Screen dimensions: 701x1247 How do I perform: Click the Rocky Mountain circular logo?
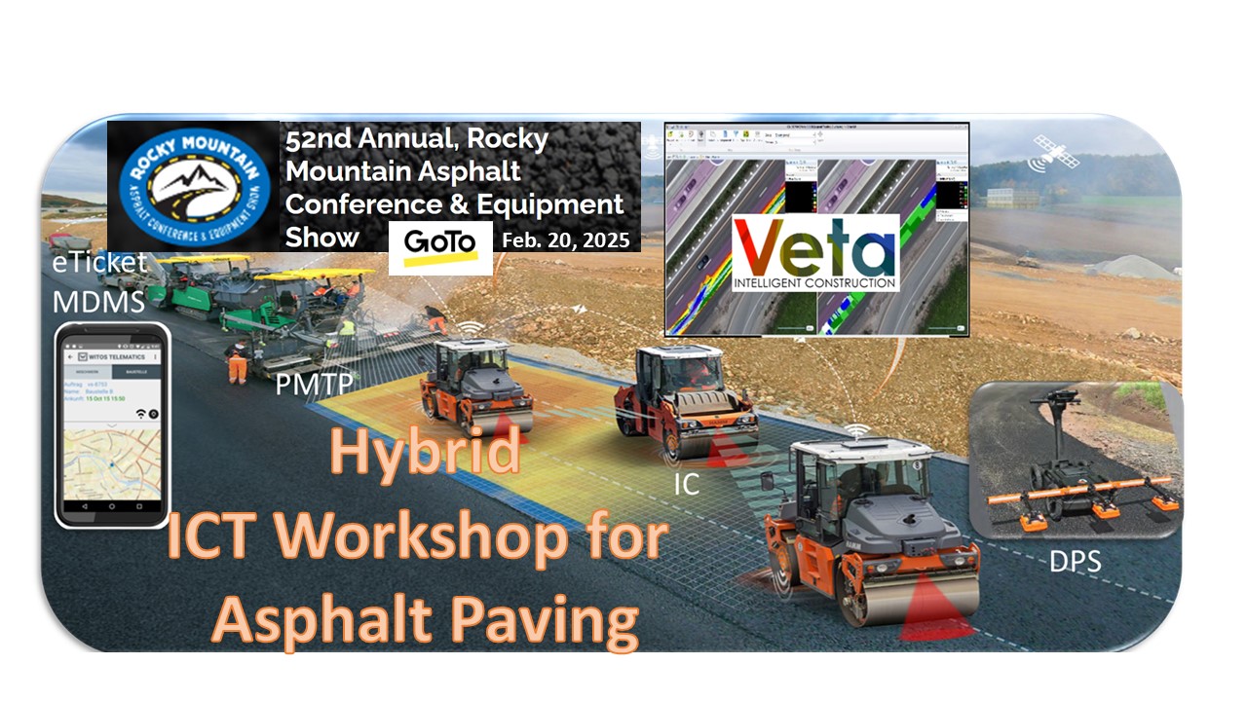click(193, 187)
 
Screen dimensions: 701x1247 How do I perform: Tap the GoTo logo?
click(440, 247)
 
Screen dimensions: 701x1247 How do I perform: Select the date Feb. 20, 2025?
click(565, 240)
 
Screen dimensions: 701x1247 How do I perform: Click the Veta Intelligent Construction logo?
click(815, 252)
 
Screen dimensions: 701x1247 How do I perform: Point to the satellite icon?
click(1055, 151)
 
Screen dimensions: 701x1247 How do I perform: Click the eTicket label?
click(99, 263)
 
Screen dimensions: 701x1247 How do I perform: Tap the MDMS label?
click(98, 302)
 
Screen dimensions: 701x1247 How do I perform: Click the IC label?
click(687, 483)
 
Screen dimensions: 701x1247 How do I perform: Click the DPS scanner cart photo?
click(1077, 460)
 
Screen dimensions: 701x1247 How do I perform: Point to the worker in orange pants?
click(237, 362)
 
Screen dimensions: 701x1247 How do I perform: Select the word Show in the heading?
click(321, 238)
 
